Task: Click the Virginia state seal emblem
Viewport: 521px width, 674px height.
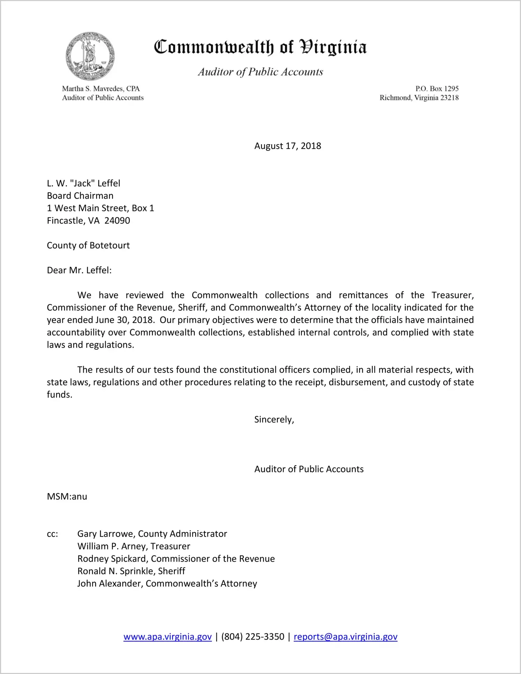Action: pyautogui.click(x=90, y=56)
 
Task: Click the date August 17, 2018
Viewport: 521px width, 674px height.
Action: pyautogui.click(x=287, y=146)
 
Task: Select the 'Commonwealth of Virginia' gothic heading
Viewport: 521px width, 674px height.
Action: pyautogui.click(x=260, y=47)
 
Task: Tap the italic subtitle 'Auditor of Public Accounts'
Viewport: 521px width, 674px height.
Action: pyautogui.click(x=260, y=72)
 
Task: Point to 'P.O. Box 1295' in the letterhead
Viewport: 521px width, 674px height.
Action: pyautogui.click(x=437, y=89)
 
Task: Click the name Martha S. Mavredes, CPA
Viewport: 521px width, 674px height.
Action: pyautogui.click(x=101, y=89)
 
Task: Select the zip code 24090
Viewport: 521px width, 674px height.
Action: pyautogui.click(x=117, y=221)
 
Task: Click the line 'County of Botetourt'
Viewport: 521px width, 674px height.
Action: pyautogui.click(x=88, y=245)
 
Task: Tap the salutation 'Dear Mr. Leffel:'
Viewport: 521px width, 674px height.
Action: pyautogui.click(x=79, y=271)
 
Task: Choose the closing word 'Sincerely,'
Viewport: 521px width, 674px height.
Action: pyautogui.click(x=274, y=420)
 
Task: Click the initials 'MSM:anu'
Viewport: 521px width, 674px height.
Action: pyautogui.click(x=67, y=497)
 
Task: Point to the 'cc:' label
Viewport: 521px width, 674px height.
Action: pyautogui.click(x=52, y=534)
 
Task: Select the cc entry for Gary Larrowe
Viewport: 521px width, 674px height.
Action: pyautogui.click(x=152, y=534)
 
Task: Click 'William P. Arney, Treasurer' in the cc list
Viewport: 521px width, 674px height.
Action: pyautogui.click(x=134, y=546)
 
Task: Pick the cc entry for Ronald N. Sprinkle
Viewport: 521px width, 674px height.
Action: pyautogui.click(x=131, y=571)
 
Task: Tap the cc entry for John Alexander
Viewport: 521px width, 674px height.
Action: pyautogui.click(x=167, y=584)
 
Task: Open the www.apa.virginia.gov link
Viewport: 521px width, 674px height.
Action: pyautogui.click(x=167, y=637)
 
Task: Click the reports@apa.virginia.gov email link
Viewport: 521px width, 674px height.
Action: pyautogui.click(x=345, y=637)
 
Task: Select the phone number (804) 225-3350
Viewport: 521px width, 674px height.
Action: pyautogui.click(x=252, y=637)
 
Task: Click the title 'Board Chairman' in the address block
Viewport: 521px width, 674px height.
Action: pyautogui.click(x=80, y=196)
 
